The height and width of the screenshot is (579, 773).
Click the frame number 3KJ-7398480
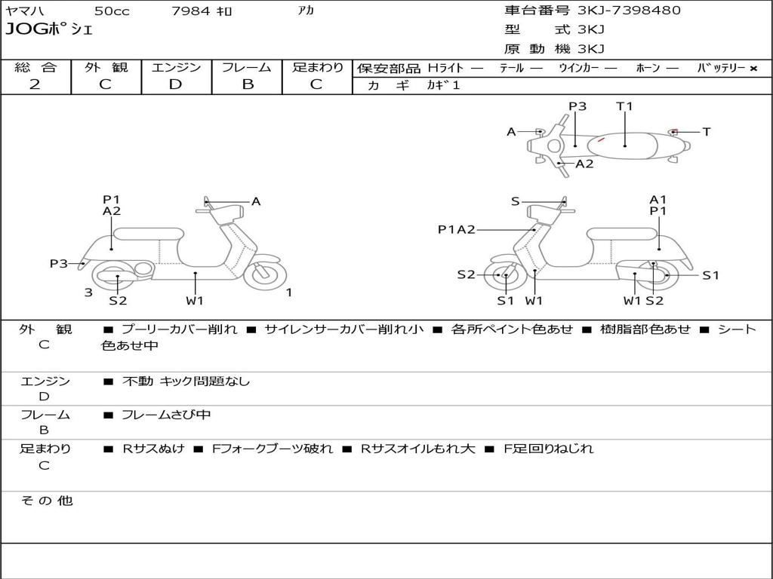point(629,11)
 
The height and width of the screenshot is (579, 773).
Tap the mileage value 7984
point(191,11)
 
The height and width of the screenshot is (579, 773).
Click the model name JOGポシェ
point(49,30)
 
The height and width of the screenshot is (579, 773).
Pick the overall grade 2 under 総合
point(35,84)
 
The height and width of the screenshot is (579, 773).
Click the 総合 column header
point(35,67)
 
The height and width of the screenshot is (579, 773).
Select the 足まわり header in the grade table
point(317,67)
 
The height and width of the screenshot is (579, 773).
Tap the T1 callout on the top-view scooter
point(624,106)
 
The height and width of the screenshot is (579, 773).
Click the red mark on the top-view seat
point(601,139)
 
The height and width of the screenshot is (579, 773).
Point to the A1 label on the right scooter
point(658,200)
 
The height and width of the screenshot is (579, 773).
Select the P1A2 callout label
point(457,230)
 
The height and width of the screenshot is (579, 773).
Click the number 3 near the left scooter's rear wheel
point(88,293)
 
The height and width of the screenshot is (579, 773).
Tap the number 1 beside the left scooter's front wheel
point(289,293)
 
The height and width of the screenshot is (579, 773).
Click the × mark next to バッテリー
point(753,69)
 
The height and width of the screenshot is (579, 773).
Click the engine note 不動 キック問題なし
point(186,381)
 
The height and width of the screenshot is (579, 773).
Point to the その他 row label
point(46,501)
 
